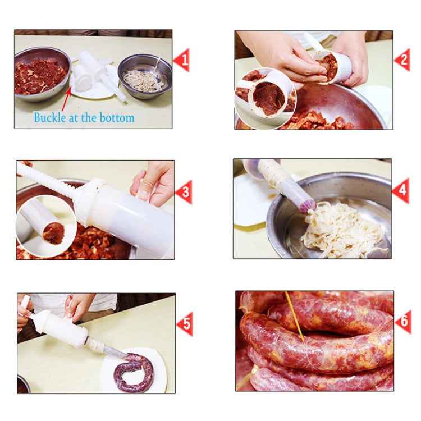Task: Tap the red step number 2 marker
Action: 402,60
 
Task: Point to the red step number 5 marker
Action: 184,324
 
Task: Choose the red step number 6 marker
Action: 402,322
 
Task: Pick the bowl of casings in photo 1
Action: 144,76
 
